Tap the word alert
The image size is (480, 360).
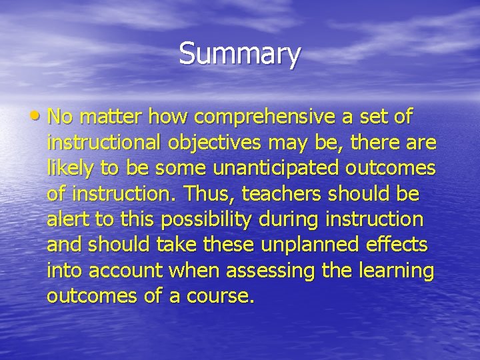pyautogui.click(x=65, y=219)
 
